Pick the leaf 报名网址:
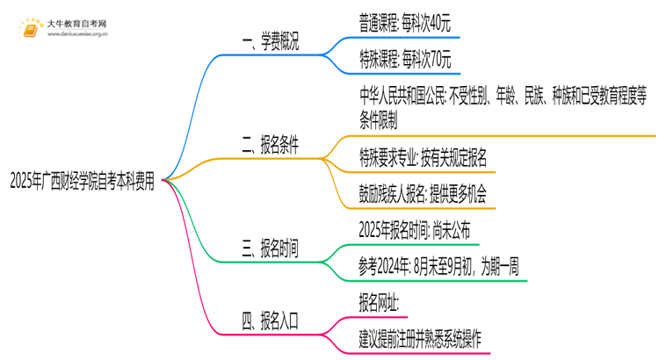[380, 303]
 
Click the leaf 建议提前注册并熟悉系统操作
[421, 337]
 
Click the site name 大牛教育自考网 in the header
[77, 23]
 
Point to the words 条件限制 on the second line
[379, 117]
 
